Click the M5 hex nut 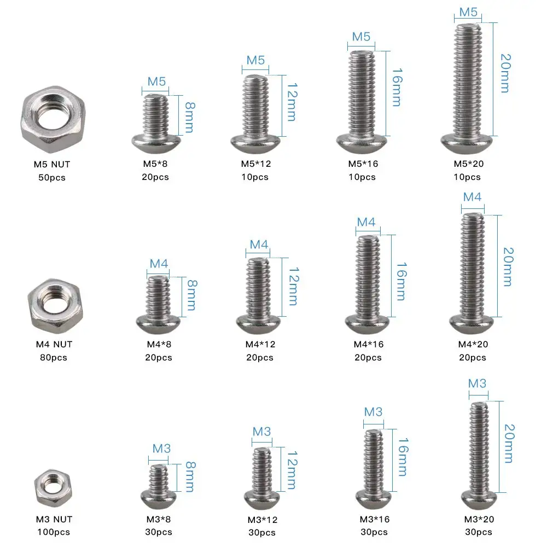[x=53, y=120]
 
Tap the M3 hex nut [x=53, y=488]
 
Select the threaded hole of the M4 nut [x=55, y=302]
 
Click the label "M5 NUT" [x=52, y=164]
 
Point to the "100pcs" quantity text [x=54, y=532]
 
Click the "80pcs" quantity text [x=54, y=357]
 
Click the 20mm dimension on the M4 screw [x=508, y=267]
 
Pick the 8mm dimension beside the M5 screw [x=190, y=118]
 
